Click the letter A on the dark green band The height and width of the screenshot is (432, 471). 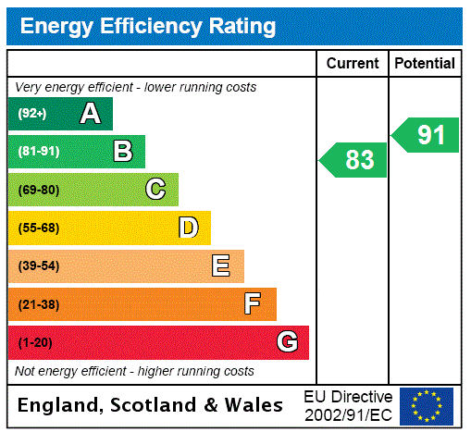tap(90, 114)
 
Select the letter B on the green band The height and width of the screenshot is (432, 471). tap(123, 151)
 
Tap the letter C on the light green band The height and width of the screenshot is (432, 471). tap(155, 190)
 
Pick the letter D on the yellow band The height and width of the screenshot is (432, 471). tap(189, 228)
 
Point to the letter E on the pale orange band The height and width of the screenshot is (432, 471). tap(221, 266)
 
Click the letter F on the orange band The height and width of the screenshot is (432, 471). tap(253, 303)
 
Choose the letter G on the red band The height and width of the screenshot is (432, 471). tap(287, 342)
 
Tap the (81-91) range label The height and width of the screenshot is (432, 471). tap(38, 151)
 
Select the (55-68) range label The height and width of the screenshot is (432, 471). tap(38, 228)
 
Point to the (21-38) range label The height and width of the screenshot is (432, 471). tap(38, 304)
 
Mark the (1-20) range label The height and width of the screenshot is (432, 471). tap(35, 342)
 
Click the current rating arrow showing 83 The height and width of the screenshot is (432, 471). tap(353, 160)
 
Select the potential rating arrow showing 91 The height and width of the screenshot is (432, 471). tap(426, 135)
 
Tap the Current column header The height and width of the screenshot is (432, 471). tap(353, 64)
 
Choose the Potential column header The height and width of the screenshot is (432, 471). tap(425, 64)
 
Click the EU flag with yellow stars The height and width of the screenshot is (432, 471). tap(427, 405)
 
